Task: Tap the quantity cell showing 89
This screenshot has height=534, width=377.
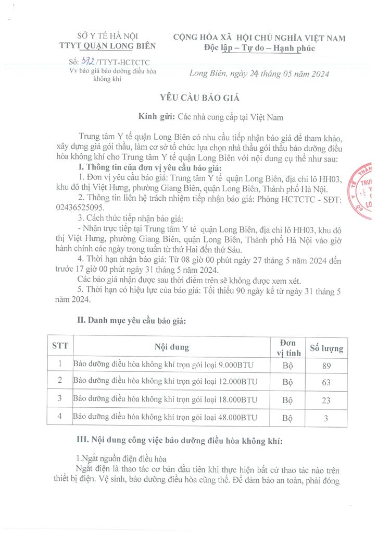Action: pyautogui.click(x=326, y=365)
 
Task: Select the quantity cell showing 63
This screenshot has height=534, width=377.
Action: pyautogui.click(x=326, y=383)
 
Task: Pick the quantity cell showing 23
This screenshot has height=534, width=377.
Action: pyautogui.click(x=326, y=400)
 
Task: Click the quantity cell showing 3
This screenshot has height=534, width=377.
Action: pyautogui.click(x=326, y=418)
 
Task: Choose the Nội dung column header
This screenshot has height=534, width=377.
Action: pyautogui.click(x=171, y=347)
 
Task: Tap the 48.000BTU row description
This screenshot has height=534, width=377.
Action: pyautogui.click(x=166, y=418)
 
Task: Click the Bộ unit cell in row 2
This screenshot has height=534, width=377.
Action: pyautogui.click(x=287, y=383)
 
